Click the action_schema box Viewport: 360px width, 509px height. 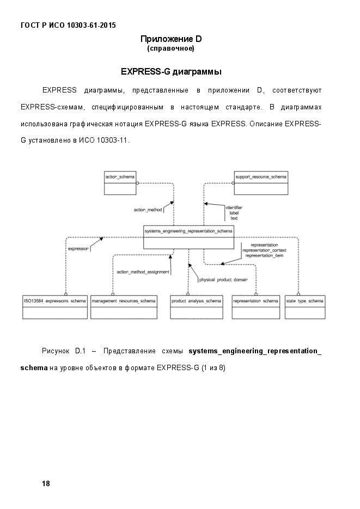pyautogui.click(x=120, y=183)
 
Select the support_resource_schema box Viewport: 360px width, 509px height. pyautogui.click(x=261, y=183)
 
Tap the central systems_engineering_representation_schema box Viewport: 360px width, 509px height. pyautogui.click(x=188, y=237)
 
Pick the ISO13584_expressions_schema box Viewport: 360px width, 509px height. pyautogui.click(x=55, y=307)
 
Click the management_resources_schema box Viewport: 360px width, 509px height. pyautogui.click(x=124, y=307)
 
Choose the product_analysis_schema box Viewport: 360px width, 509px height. pyautogui.click(x=197, y=307)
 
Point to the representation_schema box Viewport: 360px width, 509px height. pyautogui.click(x=256, y=307)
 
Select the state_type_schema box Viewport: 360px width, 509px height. pyautogui.click(x=305, y=307)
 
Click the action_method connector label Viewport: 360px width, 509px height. pyautogui.click(x=148, y=210)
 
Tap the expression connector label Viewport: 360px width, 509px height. pyautogui.click(x=78, y=249)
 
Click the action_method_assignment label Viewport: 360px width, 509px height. pyautogui.click(x=143, y=272)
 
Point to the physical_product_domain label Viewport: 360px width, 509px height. pyautogui.click(x=223, y=280)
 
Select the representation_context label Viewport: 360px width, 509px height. pyautogui.click(x=264, y=250)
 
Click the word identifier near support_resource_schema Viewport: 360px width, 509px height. pyautogui.click(x=234, y=207)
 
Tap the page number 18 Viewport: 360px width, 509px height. pyautogui.click(x=46, y=483)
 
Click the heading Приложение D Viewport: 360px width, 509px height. pyautogui.click(x=171, y=39)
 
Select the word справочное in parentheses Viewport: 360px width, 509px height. pyautogui.click(x=170, y=48)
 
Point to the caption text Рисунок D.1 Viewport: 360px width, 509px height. pyautogui.click(x=64, y=351)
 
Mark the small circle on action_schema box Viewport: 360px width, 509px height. pyautogui.click(x=138, y=183)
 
